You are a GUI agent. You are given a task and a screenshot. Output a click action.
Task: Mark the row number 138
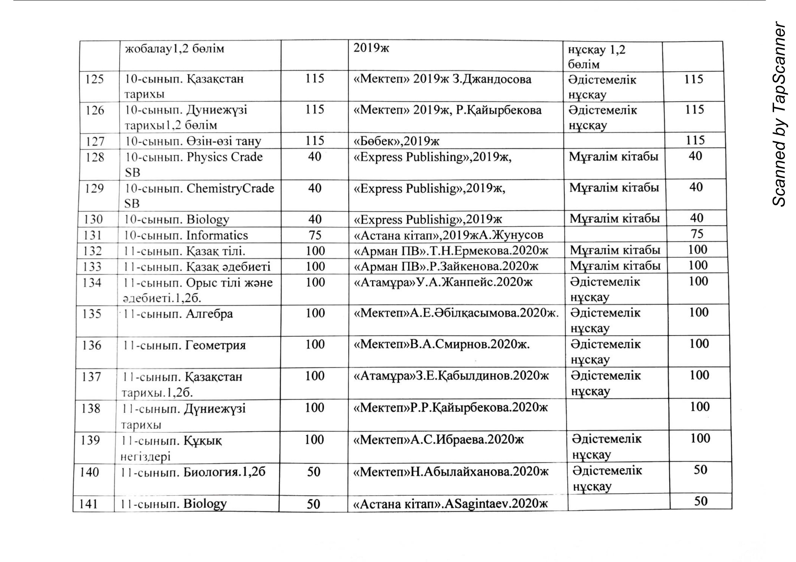(x=91, y=409)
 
